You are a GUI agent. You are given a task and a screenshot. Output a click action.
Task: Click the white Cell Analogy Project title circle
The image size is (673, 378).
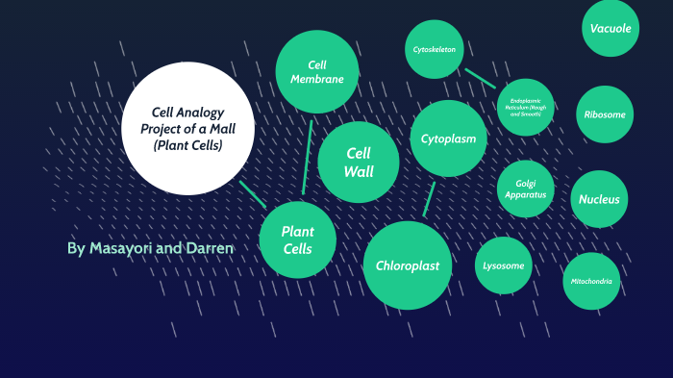tap(187, 128)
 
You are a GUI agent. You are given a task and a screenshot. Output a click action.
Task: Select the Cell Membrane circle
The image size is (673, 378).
tap(317, 72)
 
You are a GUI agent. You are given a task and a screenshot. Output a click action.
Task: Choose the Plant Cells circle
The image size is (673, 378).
tap(298, 239)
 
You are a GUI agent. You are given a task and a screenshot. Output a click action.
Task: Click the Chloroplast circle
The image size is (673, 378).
tap(408, 265)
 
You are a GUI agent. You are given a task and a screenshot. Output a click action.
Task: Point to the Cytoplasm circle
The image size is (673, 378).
tap(448, 139)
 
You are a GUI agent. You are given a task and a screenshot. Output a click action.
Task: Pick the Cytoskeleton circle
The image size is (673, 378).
tap(435, 49)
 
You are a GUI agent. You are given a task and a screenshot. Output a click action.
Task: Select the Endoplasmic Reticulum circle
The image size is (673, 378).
tap(526, 107)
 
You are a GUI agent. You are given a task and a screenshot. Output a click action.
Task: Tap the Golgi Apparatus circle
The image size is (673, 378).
tap(525, 189)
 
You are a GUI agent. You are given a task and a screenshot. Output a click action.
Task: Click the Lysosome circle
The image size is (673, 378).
tap(504, 265)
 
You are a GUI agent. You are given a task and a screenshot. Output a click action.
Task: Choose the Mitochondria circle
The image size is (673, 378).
tap(591, 281)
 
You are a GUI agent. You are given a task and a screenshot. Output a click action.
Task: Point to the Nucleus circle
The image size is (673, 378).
tap(600, 200)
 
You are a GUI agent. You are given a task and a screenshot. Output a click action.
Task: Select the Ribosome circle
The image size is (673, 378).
tap(605, 114)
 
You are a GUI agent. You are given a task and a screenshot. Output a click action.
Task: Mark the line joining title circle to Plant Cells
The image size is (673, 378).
tap(253, 193)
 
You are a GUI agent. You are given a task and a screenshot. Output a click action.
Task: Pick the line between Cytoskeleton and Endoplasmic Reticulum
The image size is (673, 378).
tap(480, 77)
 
